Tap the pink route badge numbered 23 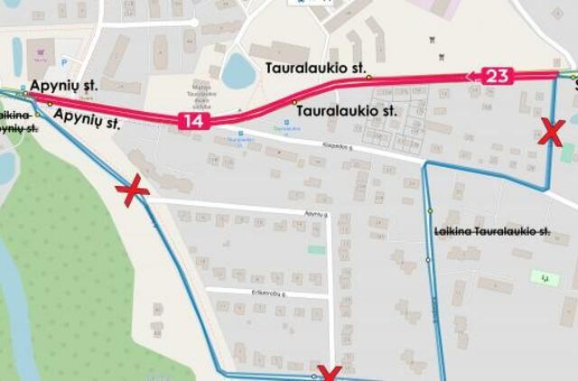[x=497, y=76]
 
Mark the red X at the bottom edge [x=329, y=374]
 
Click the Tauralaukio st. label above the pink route [x=314, y=67]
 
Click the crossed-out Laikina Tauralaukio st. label [x=492, y=232]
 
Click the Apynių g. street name [x=314, y=214]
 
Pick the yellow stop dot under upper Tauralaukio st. [x=368, y=79]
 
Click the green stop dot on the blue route [x=430, y=211]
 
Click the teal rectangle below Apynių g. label [x=316, y=249]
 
